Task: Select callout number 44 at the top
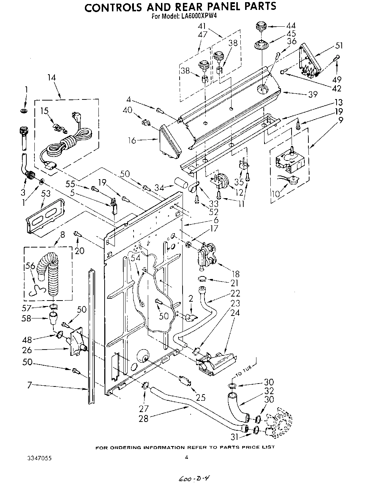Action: [x=291, y=26]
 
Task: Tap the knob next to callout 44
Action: [x=260, y=27]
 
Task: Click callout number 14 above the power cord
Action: [x=52, y=78]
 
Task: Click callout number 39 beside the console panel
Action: [x=312, y=94]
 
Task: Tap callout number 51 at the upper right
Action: [x=339, y=46]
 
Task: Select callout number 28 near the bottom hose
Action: [x=144, y=418]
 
